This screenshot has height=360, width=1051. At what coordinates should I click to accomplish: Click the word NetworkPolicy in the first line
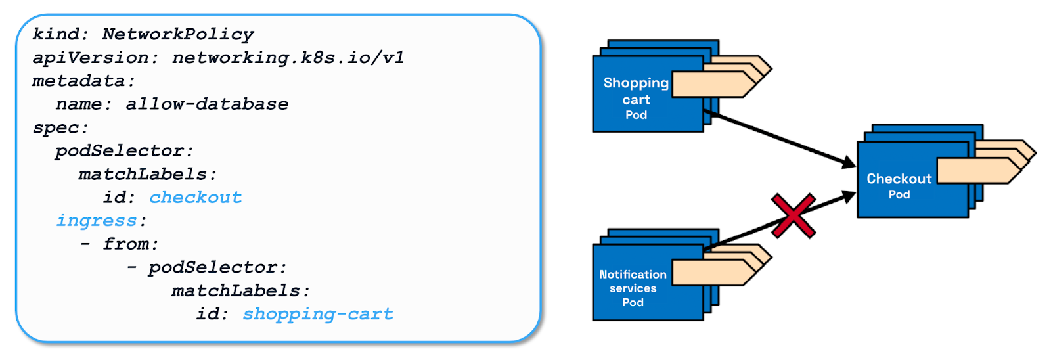point(178,34)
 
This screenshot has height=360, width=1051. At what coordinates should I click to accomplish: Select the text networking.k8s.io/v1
point(288,58)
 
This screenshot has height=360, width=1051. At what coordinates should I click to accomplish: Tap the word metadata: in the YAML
point(83,81)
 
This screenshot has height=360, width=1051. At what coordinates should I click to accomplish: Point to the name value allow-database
point(207,104)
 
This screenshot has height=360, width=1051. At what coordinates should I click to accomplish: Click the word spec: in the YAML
point(60,127)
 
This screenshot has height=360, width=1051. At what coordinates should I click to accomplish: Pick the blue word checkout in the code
point(196,197)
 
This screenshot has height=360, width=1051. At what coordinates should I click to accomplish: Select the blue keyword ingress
point(97,221)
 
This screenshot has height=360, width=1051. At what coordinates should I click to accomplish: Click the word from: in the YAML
point(131,244)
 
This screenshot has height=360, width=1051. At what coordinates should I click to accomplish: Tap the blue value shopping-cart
point(318,314)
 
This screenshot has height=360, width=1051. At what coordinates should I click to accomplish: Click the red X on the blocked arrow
point(793,215)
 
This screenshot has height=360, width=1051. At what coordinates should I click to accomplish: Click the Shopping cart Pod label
point(636,99)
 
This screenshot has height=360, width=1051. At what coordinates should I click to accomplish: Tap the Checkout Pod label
point(899,185)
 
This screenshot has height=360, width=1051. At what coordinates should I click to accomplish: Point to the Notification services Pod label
point(633,288)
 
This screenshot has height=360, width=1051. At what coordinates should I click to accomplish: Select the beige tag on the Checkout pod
point(979,170)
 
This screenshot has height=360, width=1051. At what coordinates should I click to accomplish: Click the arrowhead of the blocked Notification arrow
point(849,196)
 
